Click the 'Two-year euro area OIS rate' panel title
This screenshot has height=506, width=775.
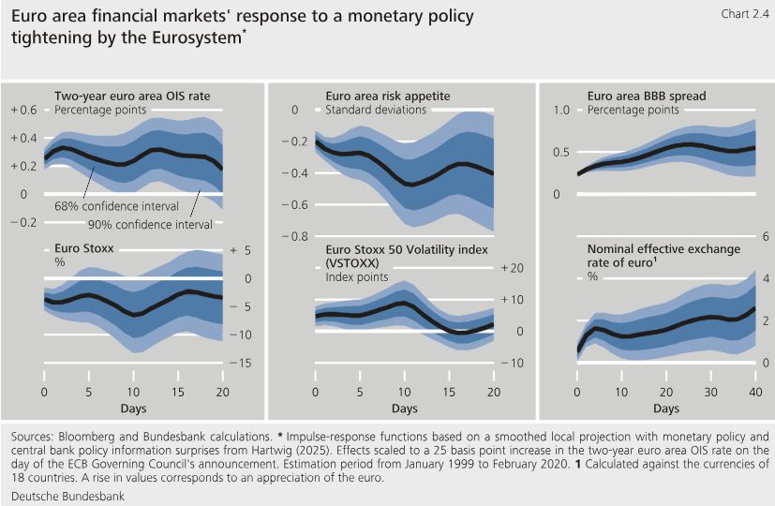pos(132,96)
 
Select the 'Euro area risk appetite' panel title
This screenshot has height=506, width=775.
pos(388,96)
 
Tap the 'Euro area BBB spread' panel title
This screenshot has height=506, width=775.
pos(647,96)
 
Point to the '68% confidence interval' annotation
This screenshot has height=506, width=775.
pos(106,205)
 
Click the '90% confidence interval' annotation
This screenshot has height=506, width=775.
pos(150,224)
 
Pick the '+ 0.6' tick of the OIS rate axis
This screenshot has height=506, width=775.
pos(23,110)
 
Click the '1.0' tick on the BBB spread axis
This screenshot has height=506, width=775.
pos(561,110)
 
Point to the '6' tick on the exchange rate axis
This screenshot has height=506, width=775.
pos(766,236)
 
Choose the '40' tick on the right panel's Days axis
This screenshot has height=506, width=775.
pos(755,391)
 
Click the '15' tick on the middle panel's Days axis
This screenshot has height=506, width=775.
pos(450,391)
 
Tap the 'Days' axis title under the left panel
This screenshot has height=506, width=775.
pos(133,409)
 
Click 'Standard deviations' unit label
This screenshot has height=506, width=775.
pos(376,110)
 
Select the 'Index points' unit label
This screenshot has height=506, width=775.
pos(358,277)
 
